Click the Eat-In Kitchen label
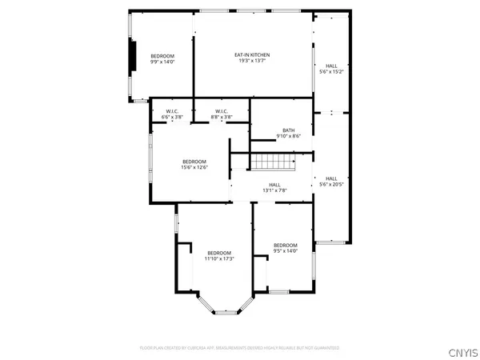pyautogui.click(x=251, y=55)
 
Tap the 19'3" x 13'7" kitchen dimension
pyautogui.click(x=251, y=61)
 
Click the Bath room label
pyautogui.click(x=289, y=130)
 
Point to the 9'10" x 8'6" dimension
pyautogui.click(x=289, y=137)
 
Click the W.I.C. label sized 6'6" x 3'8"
pyautogui.click(x=172, y=111)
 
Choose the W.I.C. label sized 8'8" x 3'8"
pyautogui.click(x=221, y=111)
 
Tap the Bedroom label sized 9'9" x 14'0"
pyautogui.click(x=162, y=55)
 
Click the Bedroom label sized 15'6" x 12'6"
pyautogui.click(x=194, y=162)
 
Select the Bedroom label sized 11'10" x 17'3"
pyautogui.click(x=218, y=253)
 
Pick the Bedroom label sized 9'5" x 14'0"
pyautogui.click(x=286, y=245)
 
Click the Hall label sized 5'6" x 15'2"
pyautogui.click(x=331, y=66)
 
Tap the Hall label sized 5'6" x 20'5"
pyautogui.click(x=331, y=178)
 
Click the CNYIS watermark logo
pyautogui.click(x=462, y=350)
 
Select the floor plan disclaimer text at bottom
pyautogui.click(x=239, y=348)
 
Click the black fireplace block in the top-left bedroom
pyautogui.click(x=133, y=57)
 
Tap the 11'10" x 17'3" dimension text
pyautogui.click(x=218, y=258)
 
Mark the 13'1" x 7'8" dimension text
pyautogui.click(x=274, y=190)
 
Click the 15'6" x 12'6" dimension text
pyautogui.click(x=194, y=167)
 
